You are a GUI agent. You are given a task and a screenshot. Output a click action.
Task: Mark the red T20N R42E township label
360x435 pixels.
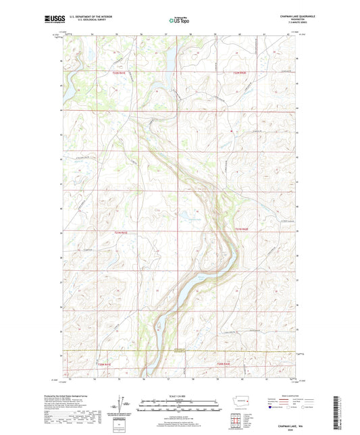click(225, 364)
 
